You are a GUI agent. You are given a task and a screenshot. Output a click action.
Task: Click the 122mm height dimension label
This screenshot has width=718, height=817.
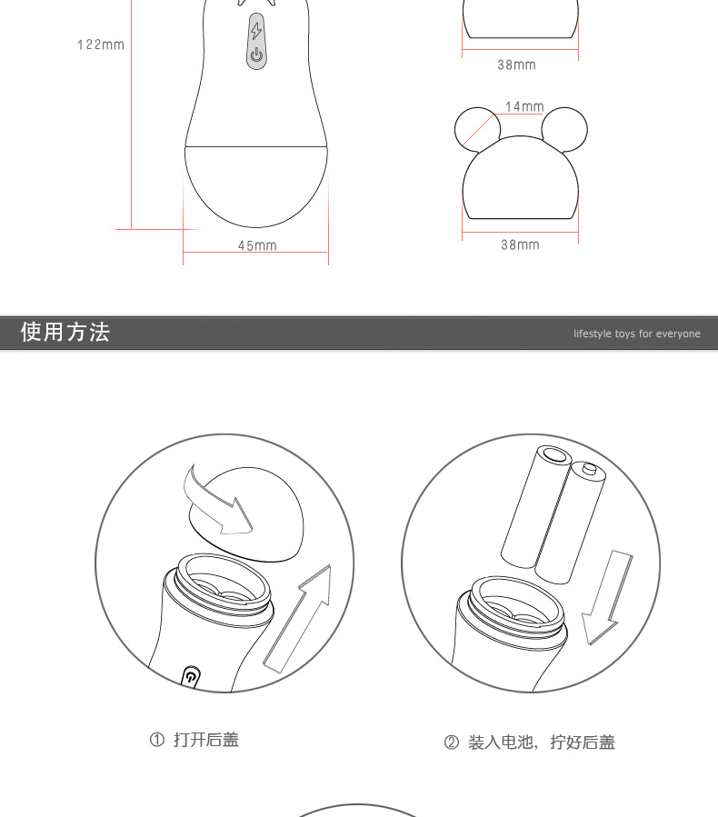click(x=101, y=45)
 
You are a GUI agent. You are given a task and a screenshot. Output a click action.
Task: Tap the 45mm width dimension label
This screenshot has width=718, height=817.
click(x=257, y=245)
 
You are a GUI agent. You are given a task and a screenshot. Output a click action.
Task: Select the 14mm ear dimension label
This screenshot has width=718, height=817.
click(x=524, y=106)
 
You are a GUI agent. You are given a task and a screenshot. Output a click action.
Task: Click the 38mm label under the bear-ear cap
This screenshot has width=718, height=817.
click(x=520, y=244)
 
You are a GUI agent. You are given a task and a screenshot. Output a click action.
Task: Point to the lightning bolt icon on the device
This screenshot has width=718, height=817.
click(x=255, y=31)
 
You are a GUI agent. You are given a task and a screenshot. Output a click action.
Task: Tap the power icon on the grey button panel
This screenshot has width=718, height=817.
click(x=256, y=55)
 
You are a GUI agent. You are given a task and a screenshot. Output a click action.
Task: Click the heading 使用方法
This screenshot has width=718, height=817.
click(x=65, y=332)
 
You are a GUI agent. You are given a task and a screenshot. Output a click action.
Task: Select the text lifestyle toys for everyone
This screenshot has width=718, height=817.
click(x=637, y=334)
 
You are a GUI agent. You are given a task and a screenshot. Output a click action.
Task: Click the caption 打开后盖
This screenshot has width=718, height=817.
click(x=206, y=740)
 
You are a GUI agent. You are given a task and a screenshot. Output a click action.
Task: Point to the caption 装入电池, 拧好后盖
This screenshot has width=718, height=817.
click(x=542, y=742)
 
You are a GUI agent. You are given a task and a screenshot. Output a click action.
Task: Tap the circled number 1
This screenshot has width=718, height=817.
click(x=157, y=740)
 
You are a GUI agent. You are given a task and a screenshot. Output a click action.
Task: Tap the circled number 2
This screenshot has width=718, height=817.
click(x=451, y=742)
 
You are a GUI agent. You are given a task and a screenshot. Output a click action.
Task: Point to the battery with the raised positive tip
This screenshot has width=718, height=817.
click(x=571, y=522)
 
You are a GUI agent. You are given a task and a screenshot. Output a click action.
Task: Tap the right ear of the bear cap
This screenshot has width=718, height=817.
click(x=564, y=129)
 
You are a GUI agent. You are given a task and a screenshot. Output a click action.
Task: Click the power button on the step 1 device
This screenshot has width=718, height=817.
click(x=191, y=677)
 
